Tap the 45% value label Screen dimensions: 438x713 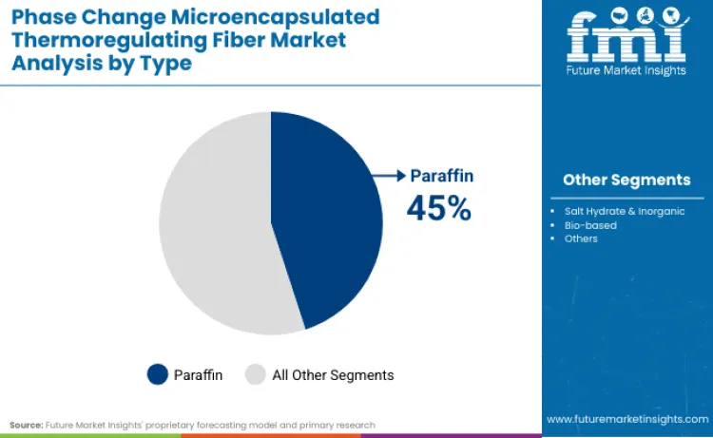click(438, 207)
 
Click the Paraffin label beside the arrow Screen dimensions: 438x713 click(441, 176)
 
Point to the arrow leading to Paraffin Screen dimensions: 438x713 click(390, 176)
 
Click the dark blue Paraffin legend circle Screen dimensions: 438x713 click(158, 374)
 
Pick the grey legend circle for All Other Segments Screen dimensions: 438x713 click(256, 374)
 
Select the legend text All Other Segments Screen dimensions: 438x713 click(333, 375)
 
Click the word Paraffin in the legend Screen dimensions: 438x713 click(198, 375)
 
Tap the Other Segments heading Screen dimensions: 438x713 click(626, 180)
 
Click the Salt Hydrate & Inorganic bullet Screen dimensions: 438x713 click(624, 211)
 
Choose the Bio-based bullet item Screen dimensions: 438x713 click(590, 225)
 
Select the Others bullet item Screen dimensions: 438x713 click(581, 238)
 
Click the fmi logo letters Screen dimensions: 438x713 click(626, 38)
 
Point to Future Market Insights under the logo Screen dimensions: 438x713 click(626, 73)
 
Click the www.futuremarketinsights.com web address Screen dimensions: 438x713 click(626, 419)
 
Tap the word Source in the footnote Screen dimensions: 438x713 click(27, 425)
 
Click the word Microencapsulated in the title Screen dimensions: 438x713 click(298, 17)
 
